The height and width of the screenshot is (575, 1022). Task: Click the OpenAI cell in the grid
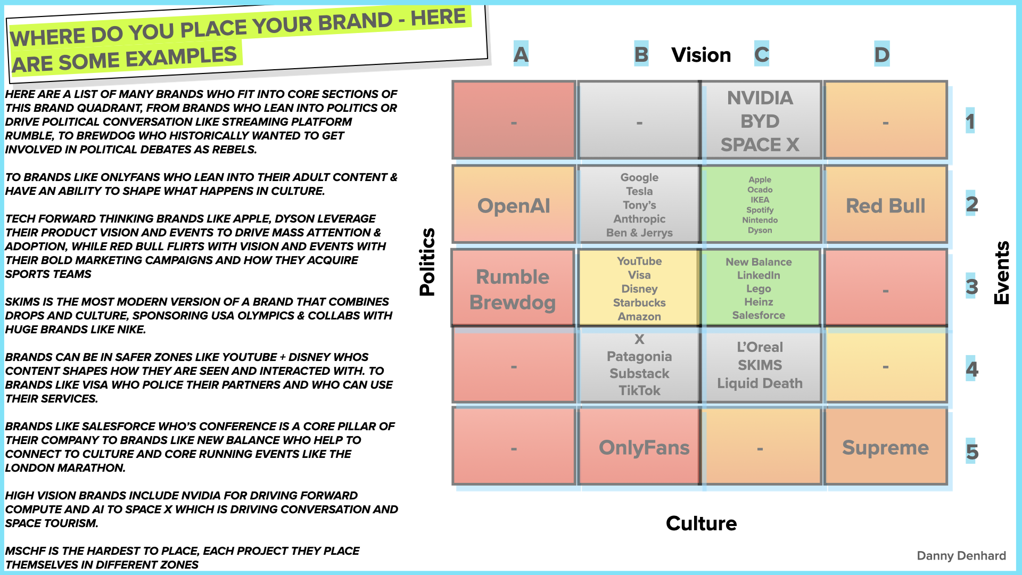tap(514, 206)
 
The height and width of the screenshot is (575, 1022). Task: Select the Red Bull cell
tap(885, 206)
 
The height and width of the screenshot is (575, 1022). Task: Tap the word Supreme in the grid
tap(885, 447)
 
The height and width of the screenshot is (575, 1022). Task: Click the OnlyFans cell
tap(644, 447)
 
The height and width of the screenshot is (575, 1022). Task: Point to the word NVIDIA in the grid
tap(760, 98)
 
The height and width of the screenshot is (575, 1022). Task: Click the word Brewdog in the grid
tap(513, 302)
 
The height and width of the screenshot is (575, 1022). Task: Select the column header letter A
tap(521, 54)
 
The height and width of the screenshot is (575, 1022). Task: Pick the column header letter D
tap(881, 54)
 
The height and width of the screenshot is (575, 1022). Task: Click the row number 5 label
tap(971, 451)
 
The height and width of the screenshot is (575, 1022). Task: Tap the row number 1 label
tap(970, 122)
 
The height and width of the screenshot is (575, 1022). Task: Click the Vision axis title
tap(701, 55)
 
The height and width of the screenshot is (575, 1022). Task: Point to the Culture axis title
tap(701, 523)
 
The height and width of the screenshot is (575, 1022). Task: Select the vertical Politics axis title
tap(427, 262)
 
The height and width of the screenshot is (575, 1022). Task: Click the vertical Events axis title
tap(1001, 273)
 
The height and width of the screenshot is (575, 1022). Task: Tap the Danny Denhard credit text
tap(961, 555)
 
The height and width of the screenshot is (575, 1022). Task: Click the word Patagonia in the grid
tap(639, 356)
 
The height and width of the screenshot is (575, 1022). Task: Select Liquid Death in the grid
tap(760, 383)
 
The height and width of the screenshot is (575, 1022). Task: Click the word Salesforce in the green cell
tap(759, 315)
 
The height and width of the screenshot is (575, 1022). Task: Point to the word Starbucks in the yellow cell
tap(639, 302)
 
